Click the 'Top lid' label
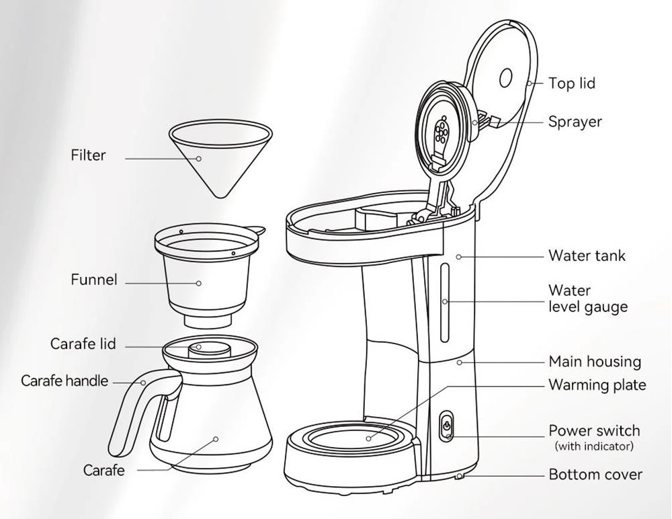572,83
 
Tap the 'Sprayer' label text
575,122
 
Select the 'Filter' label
88,155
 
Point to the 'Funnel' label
93,280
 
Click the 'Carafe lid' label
83,344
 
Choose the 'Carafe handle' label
65,381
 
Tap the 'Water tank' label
587,255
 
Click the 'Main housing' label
595,362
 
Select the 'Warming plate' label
597,385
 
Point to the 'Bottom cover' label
595,475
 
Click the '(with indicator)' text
594,446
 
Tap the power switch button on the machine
446,426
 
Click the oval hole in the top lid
506,78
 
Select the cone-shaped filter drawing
220,159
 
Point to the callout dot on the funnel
198,283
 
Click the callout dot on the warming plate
368,438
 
